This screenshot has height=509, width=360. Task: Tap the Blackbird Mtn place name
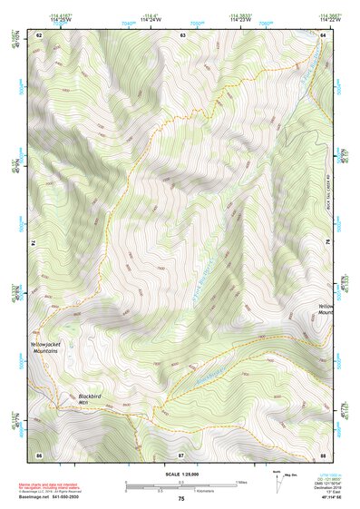point(90,398)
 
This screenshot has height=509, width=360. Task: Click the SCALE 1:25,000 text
point(181,474)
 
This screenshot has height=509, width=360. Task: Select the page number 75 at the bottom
point(181,499)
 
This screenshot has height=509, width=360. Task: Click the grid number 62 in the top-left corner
point(39,34)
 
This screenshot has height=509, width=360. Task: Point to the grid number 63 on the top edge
point(182,34)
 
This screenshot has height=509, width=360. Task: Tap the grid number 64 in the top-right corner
point(324,34)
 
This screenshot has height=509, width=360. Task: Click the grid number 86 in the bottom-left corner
point(39,454)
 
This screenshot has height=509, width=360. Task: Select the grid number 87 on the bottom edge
point(181,454)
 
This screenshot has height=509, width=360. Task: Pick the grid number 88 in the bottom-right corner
point(324,454)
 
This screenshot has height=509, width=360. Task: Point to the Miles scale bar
point(181,481)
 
